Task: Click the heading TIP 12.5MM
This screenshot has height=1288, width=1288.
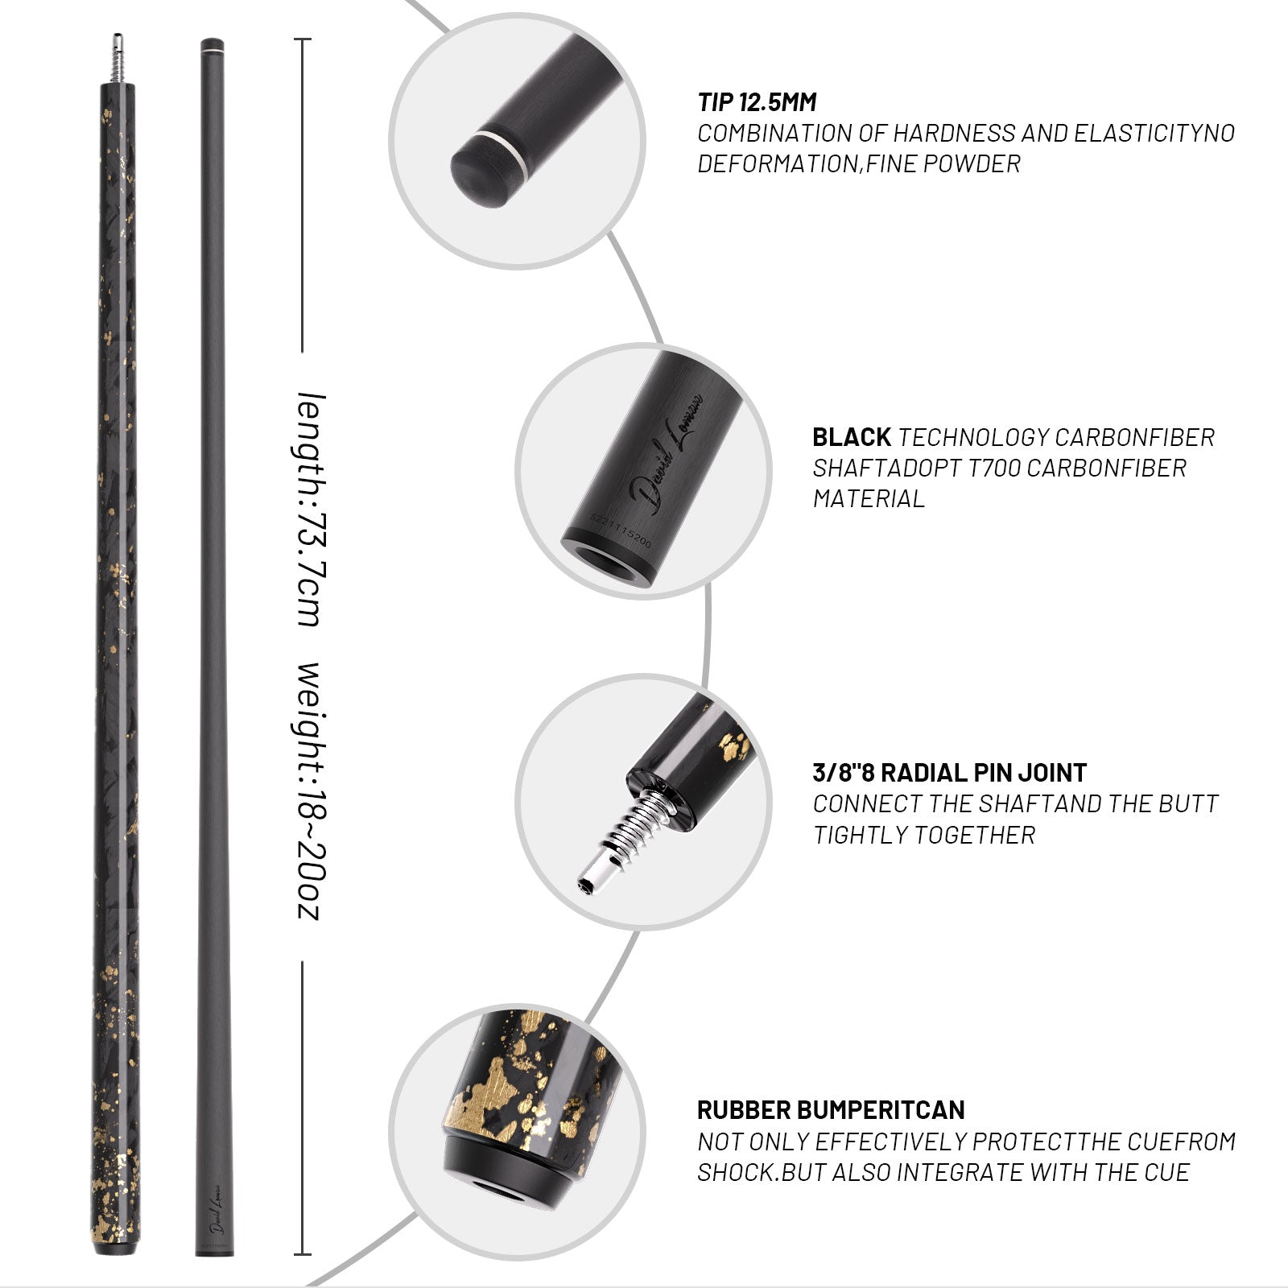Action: [757, 102]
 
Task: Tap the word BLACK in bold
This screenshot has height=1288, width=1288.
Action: [851, 437]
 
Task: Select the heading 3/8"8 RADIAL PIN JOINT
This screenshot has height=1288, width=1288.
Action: [949, 773]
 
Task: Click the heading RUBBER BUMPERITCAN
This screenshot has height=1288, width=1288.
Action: [831, 1110]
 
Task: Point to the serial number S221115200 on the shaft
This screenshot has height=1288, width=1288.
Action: [621, 532]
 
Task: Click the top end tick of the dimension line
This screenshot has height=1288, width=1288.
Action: [303, 39]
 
